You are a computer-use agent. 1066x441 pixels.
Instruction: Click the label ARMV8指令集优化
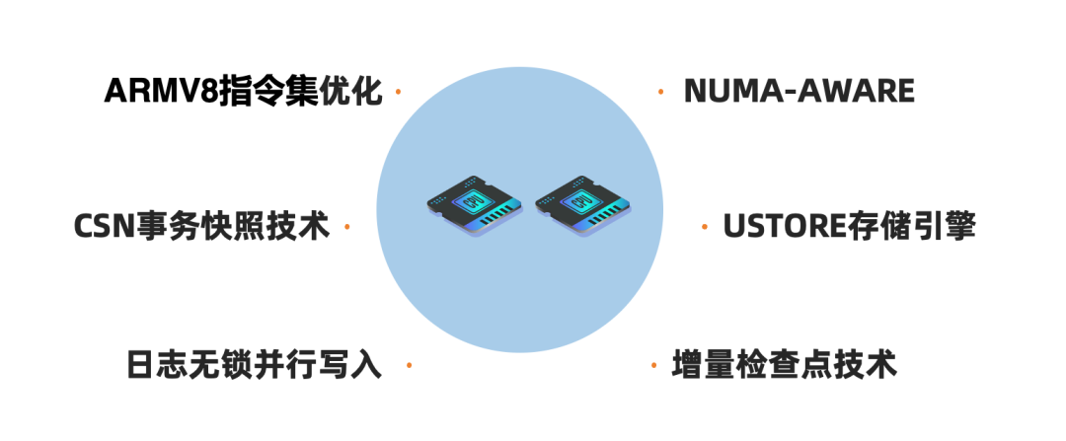pos(243,91)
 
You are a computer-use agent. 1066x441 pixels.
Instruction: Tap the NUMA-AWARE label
pos(799,91)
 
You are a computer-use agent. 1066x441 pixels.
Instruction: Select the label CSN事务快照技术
pos(201,227)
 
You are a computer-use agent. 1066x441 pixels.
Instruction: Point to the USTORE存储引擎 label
pos(850,227)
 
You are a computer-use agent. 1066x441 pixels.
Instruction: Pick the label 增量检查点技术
pos(785,364)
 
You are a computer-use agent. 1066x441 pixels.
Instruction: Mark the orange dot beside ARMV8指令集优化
pos(398,92)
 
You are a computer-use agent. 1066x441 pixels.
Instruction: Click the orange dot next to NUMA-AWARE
pos(660,92)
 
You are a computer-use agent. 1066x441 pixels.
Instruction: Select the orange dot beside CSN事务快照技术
pos(347,228)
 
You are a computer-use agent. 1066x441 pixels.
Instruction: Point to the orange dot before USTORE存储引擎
pos(704,228)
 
